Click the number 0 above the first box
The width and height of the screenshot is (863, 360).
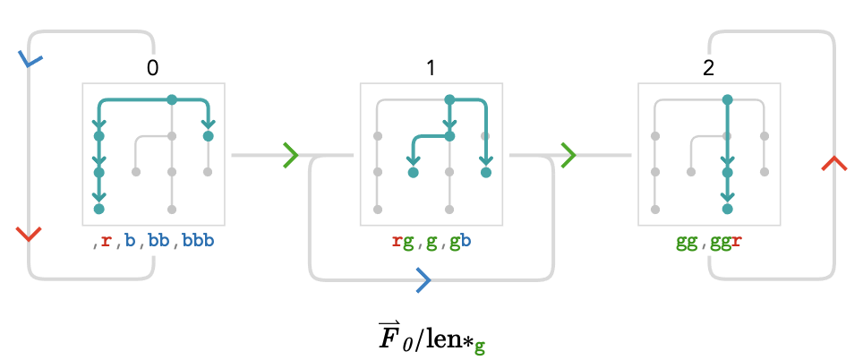152,68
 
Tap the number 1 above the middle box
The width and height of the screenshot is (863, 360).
431,68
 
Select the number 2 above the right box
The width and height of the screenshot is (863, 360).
708,68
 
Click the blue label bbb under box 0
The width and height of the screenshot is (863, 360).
198,242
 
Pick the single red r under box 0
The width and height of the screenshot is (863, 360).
106,242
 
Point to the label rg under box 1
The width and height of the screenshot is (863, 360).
402,242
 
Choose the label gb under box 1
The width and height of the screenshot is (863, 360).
461,242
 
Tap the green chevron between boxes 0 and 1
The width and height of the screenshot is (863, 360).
291,155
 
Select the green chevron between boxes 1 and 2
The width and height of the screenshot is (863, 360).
568,155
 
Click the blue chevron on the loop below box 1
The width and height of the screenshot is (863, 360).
423,280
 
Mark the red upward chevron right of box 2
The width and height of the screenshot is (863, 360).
834,164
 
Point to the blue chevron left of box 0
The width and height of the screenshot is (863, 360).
30,59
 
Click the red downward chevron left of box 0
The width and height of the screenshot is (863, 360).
29,234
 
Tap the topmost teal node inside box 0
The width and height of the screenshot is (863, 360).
172,99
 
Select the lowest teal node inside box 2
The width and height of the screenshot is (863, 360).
727,209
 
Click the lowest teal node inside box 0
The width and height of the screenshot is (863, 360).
99,209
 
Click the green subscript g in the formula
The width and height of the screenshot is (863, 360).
480,347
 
